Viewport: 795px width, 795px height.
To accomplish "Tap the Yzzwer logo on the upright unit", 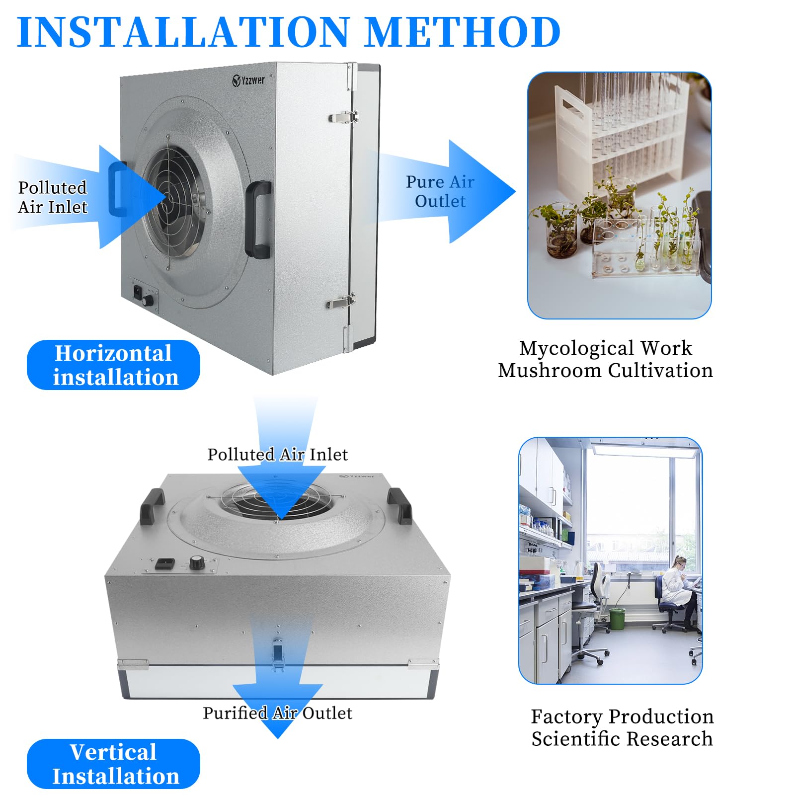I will pyautogui.click(x=249, y=80).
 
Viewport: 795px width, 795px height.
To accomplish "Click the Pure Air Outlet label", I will pyautogui.click(x=440, y=191).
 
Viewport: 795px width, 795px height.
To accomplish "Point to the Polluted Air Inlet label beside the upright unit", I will pyautogui.click(x=52, y=197).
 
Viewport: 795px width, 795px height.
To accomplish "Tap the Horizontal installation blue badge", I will pyautogui.click(x=113, y=365).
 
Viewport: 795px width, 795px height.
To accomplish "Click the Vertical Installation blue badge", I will pyautogui.click(x=113, y=764).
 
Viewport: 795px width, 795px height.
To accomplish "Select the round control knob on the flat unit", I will pyautogui.click(x=197, y=563).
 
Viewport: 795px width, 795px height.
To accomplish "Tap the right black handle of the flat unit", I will pyautogui.click(x=399, y=505).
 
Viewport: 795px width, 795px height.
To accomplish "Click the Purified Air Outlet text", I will pyautogui.click(x=277, y=713).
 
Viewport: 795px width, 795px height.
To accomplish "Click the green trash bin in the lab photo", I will pyautogui.click(x=617, y=619).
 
